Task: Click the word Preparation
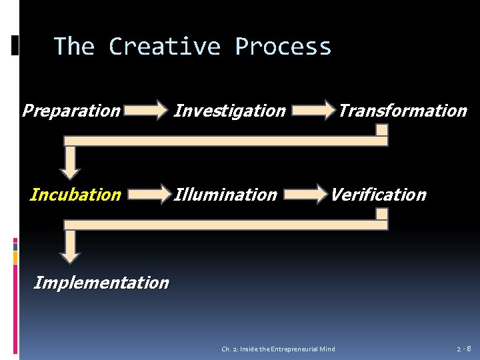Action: pyautogui.click(x=71, y=111)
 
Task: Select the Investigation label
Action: pyautogui.click(x=229, y=111)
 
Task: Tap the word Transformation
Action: pyautogui.click(x=402, y=111)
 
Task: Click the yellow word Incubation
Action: pyautogui.click(x=76, y=195)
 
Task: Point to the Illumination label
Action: pyautogui.click(x=225, y=195)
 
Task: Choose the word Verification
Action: pyautogui.click(x=378, y=195)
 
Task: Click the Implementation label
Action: pyautogui.click(x=101, y=283)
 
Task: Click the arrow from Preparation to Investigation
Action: pyautogui.click(x=147, y=109)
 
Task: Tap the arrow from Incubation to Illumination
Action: pyautogui.click(x=149, y=194)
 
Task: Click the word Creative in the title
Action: pyautogui.click(x=164, y=47)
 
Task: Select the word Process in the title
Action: pyautogui.click(x=283, y=47)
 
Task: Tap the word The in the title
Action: pyautogui.click(x=74, y=47)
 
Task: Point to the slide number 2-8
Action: pyautogui.click(x=464, y=349)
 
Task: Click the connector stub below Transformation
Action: pyautogui.click(x=382, y=131)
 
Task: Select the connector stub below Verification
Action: pyautogui.click(x=382, y=215)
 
